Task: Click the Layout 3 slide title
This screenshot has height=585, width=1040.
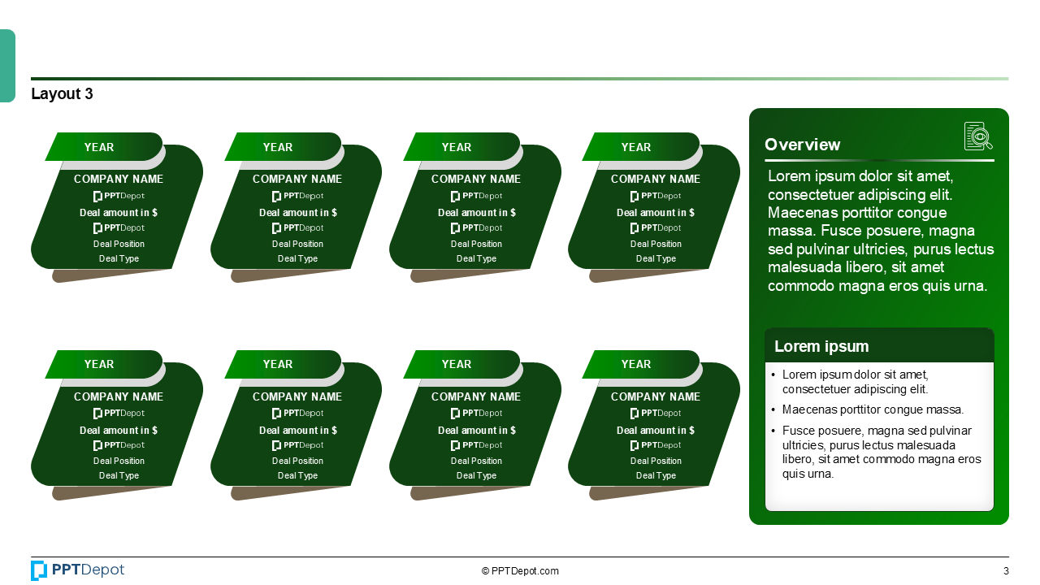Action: tap(62, 94)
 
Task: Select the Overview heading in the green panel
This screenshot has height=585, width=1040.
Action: tap(802, 145)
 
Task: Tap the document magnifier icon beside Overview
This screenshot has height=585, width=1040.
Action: tap(978, 136)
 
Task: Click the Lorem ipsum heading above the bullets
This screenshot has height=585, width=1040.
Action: tap(821, 346)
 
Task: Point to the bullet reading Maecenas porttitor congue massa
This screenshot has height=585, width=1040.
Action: tap(873, 409)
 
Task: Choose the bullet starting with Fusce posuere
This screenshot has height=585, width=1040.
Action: tap(881, 452)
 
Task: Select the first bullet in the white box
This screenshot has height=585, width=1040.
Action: tap(855, 382)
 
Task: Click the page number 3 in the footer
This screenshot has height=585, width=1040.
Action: tap(1006, 571)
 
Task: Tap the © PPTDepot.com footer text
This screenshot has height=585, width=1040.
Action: tap(520, 571)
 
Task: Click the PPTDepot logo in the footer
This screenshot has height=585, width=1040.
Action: tap(78, 570)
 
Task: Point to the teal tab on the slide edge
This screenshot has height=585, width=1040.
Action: tap(7, 66)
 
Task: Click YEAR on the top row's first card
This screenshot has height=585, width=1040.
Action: tap(99, 147)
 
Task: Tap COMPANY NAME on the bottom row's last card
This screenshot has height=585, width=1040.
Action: tap(655, 396)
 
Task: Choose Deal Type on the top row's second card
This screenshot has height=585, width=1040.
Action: tap(297, 258)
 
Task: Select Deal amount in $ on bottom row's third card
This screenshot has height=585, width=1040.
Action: tap(476, 430)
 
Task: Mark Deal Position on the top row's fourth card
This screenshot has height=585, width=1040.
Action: tap(655, 244)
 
